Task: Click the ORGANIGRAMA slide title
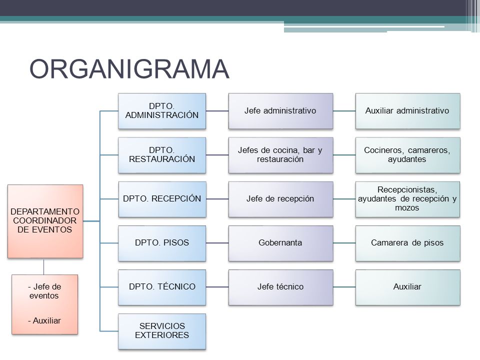129,69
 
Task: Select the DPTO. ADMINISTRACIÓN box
162,111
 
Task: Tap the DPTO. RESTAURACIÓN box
162,155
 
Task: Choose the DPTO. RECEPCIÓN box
162,199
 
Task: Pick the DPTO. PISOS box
162,243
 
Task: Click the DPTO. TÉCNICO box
162,287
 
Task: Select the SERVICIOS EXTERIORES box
162,331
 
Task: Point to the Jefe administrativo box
280,111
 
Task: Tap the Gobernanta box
280,243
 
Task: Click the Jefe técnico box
280,287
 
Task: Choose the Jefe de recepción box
280,199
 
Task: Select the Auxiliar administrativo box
408,111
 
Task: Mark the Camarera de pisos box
408,243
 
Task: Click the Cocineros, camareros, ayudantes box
408,155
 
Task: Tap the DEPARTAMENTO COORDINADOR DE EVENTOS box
45,221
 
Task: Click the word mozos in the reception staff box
407,208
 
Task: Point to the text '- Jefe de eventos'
44,291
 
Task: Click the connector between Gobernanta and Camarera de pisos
344,243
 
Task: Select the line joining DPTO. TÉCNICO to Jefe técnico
217,287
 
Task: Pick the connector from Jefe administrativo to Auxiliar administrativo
344,111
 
